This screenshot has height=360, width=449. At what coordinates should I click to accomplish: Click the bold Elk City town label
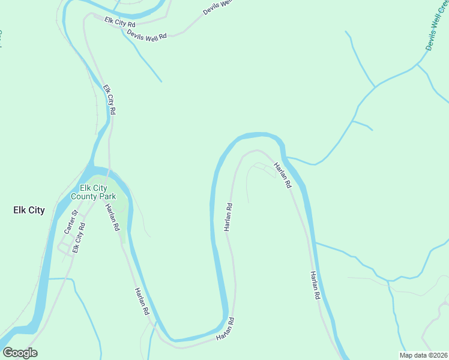coord(29,210)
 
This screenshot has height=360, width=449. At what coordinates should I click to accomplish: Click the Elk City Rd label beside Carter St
coord(78,238)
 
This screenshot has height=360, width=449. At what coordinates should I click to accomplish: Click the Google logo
coord(20,353)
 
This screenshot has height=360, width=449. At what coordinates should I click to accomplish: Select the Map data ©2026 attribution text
coord(423,355)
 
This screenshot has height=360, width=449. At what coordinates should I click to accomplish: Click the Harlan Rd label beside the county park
coord(112,218)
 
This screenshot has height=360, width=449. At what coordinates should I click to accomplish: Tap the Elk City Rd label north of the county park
coord(109,100)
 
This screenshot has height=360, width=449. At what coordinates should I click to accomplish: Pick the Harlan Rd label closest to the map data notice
coord(314,286)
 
